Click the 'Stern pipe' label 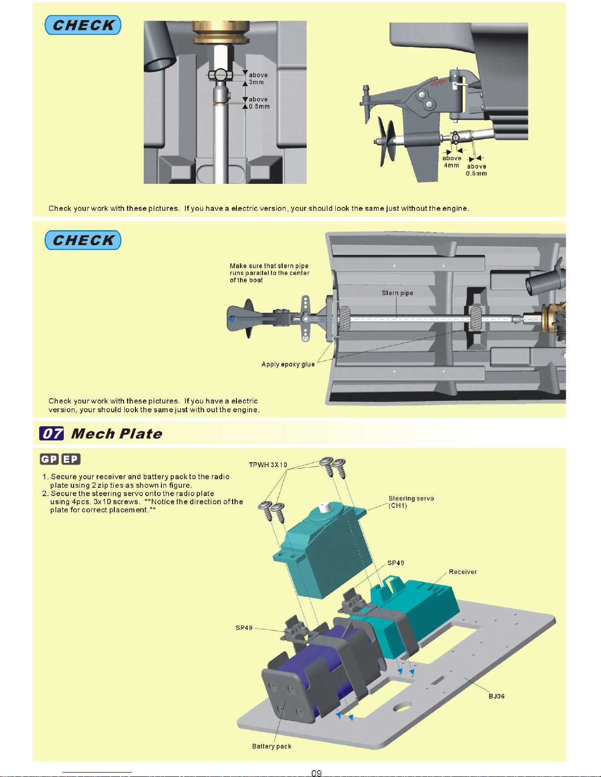pos(397,293)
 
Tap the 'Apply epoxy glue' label pos(288,364)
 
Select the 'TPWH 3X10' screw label pos(268,465)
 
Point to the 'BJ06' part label pos(496,696)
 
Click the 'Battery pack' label pos(271,746)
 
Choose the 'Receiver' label pos(463,572)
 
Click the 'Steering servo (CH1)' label pos(411,502)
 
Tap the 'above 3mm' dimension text pos(258,78)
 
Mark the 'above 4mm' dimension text pos(451,162)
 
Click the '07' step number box pos(52,433)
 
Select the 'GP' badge pos(49,459)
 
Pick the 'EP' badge pos(71,459)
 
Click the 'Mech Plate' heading pos(117,434)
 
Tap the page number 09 pos(316,773)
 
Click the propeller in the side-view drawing pos(387,142)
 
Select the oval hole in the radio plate pos(403,706)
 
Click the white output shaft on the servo pos(324,507)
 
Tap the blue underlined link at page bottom pos(97,773)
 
